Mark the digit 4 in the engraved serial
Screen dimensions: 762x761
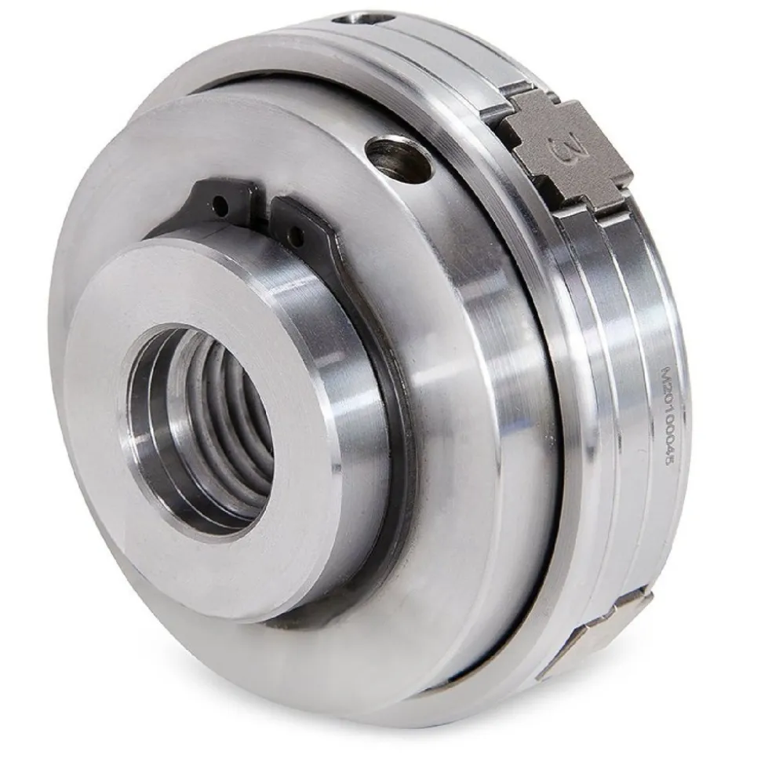[668, 451]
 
